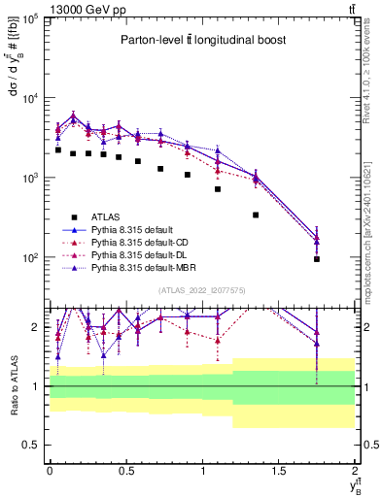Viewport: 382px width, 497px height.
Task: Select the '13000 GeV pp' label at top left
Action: pyautogui.click(x=46, y=9)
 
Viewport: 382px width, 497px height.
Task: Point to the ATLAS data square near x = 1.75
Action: pyautogui.click(x=317, y=259)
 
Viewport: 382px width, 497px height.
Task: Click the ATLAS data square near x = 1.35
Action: pyautogui.click(x=256, y=215)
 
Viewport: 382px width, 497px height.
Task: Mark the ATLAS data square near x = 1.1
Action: pyautogui.click(x=218, y=189)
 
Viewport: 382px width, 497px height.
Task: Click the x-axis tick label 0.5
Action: pyautogui.click(x=125, y=470)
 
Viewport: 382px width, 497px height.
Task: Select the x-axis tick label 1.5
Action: pyautogui.click(x=279, y=470)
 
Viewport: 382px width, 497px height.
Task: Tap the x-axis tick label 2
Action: pyautogui.click(x=355, y=470)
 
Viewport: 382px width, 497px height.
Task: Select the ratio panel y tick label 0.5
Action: pyautogui.click(x=31, y=445)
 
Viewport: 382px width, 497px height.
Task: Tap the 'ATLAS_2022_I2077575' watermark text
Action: pyautogui.click(x=201, y=289)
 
